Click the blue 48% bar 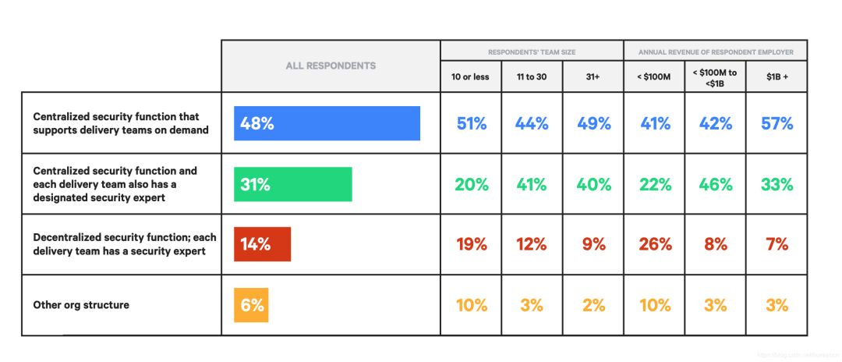327,123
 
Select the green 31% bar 292,184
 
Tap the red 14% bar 262,244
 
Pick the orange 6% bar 251,305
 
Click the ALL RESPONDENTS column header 331,66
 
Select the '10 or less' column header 470,77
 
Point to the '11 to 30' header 531,77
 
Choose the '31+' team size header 593,77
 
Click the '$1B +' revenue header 777,77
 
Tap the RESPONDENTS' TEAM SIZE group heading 531,52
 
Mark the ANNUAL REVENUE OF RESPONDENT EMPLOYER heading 716,52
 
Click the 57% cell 777,123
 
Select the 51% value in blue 470,123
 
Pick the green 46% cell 716,184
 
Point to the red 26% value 654,244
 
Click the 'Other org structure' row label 81,305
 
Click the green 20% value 470,184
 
